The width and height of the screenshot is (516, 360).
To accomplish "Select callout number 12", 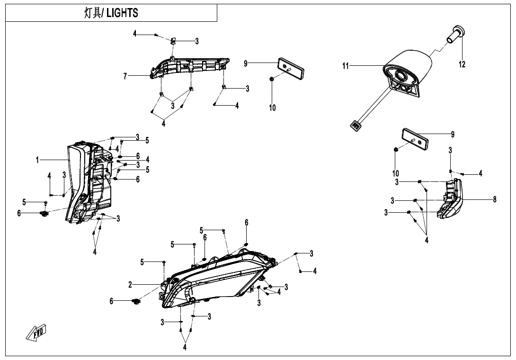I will pos(462,64).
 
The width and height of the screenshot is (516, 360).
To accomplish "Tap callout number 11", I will pos(346,66).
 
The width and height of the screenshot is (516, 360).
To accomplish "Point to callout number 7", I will pos(125,76).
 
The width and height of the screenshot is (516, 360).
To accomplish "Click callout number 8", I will pos(494,199).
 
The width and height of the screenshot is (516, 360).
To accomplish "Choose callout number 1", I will pos(37,160).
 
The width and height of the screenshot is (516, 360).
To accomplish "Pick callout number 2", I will pos(130,284).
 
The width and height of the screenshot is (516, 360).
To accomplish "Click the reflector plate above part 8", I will pos(416,138).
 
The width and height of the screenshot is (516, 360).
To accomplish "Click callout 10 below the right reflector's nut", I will pos(395,173).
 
